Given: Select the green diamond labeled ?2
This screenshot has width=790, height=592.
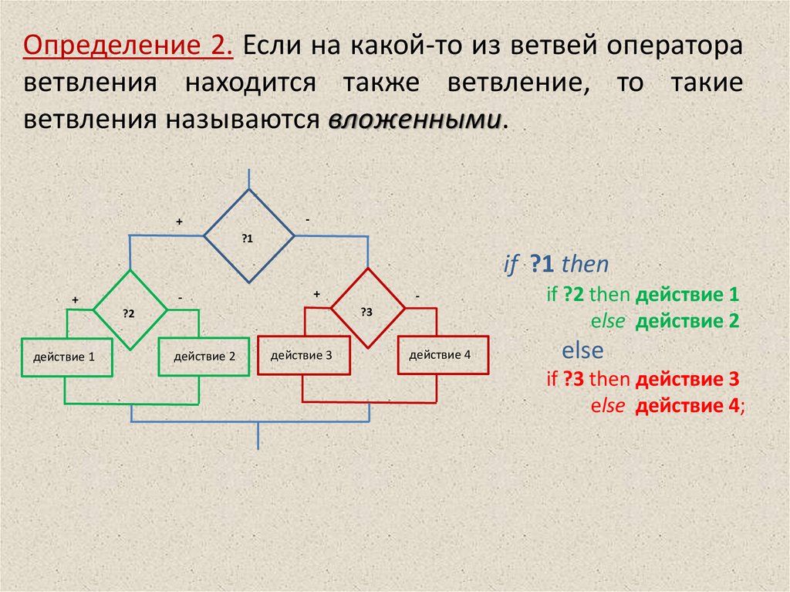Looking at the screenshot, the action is pos(130,310).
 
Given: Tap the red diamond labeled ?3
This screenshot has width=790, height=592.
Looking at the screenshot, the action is pos(367,308).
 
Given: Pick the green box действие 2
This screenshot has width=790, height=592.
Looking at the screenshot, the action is pos(200,357).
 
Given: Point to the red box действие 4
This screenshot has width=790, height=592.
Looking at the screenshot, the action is pos(443,354).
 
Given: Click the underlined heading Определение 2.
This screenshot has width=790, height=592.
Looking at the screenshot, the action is pos(129,46).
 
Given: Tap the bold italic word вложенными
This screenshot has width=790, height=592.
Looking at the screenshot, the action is pos(415,120).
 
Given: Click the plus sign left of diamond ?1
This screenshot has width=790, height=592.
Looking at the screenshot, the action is pos(179,222).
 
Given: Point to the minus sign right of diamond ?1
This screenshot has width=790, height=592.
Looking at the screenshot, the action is pos(307,220).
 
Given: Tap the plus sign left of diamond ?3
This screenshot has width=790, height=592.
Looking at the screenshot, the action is pos(316,294).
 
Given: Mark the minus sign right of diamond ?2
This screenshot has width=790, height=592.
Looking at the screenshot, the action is pos(179,297).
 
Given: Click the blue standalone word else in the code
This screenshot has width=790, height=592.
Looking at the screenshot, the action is pos(582,350).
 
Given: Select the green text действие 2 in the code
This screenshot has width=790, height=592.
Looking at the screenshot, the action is pos(687,322).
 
